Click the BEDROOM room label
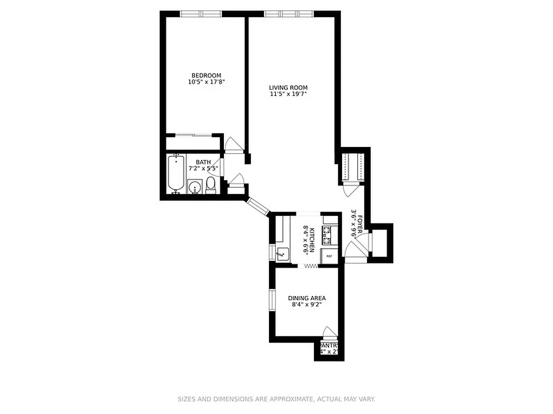(x=206, y=76)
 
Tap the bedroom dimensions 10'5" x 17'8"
(x=206, y=82)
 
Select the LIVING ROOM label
(x=288, y=88)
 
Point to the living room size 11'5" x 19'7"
(x=288, y=95)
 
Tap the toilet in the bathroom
(x=211, y=185)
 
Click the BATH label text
(x=203, y=162)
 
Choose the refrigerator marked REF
(x=329, y=256)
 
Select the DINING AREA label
(x=307, y=298)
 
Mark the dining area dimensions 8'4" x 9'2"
(x=307, y=305)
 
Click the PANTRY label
(x=329, y=346)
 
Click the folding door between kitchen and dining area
(x=310, y=266)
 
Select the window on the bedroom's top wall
(x=201, y=14)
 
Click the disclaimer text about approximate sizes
(x=276, y=399)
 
